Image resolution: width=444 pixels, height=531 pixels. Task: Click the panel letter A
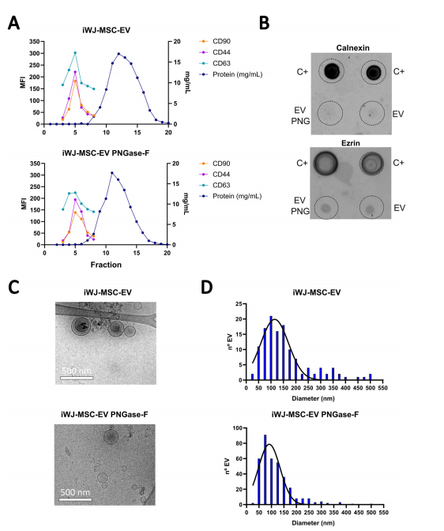click(x=14, y=23)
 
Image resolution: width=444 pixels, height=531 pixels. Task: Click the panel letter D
click(x=207, y=287)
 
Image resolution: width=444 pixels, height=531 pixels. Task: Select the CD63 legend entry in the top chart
click(x=221, y=63)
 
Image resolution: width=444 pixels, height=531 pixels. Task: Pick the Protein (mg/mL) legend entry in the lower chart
click(x=237, y=196)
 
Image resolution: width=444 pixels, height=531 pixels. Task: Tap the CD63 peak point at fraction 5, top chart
click(x=75, y=53)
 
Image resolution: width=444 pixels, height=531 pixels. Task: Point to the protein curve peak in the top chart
click(x=119, y=54)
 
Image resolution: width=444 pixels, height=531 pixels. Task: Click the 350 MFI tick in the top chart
click(x=34, y=42)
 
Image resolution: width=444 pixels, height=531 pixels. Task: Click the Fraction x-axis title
click(x=106, y=265)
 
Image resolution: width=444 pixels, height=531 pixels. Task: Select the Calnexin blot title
click(x=352, y=47)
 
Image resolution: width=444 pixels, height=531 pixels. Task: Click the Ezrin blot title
click(x=351, y=143)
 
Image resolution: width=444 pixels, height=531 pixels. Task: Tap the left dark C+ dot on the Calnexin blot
click(x=332, y=71)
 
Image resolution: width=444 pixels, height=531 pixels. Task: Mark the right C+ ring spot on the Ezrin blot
click(x=371, y=164)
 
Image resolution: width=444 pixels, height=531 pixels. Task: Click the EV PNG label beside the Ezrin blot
click(x=300, y=206)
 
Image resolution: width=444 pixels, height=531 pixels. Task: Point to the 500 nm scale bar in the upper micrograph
click(x=77, y=378)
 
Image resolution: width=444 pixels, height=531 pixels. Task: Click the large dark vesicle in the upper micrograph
click(x=81, y=326)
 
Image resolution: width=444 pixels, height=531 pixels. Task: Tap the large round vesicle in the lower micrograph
click(x=111, y=437)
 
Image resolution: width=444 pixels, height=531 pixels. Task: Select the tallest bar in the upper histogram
click(x=271, y=348)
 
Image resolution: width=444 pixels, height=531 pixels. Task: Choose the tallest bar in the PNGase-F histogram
click(x=265, y=469)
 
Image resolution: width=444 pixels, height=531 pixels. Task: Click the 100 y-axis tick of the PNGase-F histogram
click(x=238, y=428)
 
